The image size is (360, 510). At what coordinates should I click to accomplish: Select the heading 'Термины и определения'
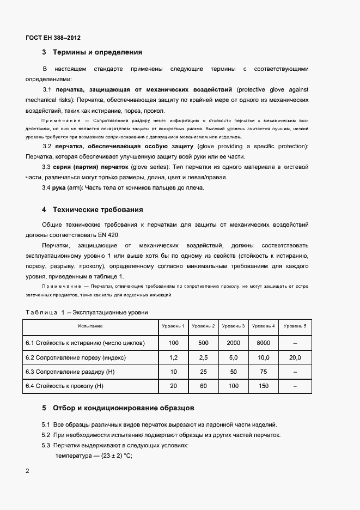(97, 53)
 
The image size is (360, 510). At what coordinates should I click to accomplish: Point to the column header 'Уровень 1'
(173, 326)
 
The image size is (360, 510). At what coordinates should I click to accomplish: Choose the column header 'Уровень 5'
(295, 326)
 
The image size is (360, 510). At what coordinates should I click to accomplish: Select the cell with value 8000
(263, 343)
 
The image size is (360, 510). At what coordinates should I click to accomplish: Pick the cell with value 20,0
(295, 357)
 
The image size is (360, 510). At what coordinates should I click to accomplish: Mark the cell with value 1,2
(173, 357)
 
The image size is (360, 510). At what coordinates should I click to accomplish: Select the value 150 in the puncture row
(263, 386)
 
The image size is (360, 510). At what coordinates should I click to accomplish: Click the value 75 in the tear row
(263, 372)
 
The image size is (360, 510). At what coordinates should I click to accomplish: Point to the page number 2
(27, 470)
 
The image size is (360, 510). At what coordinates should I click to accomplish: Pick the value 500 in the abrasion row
(203, 343)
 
